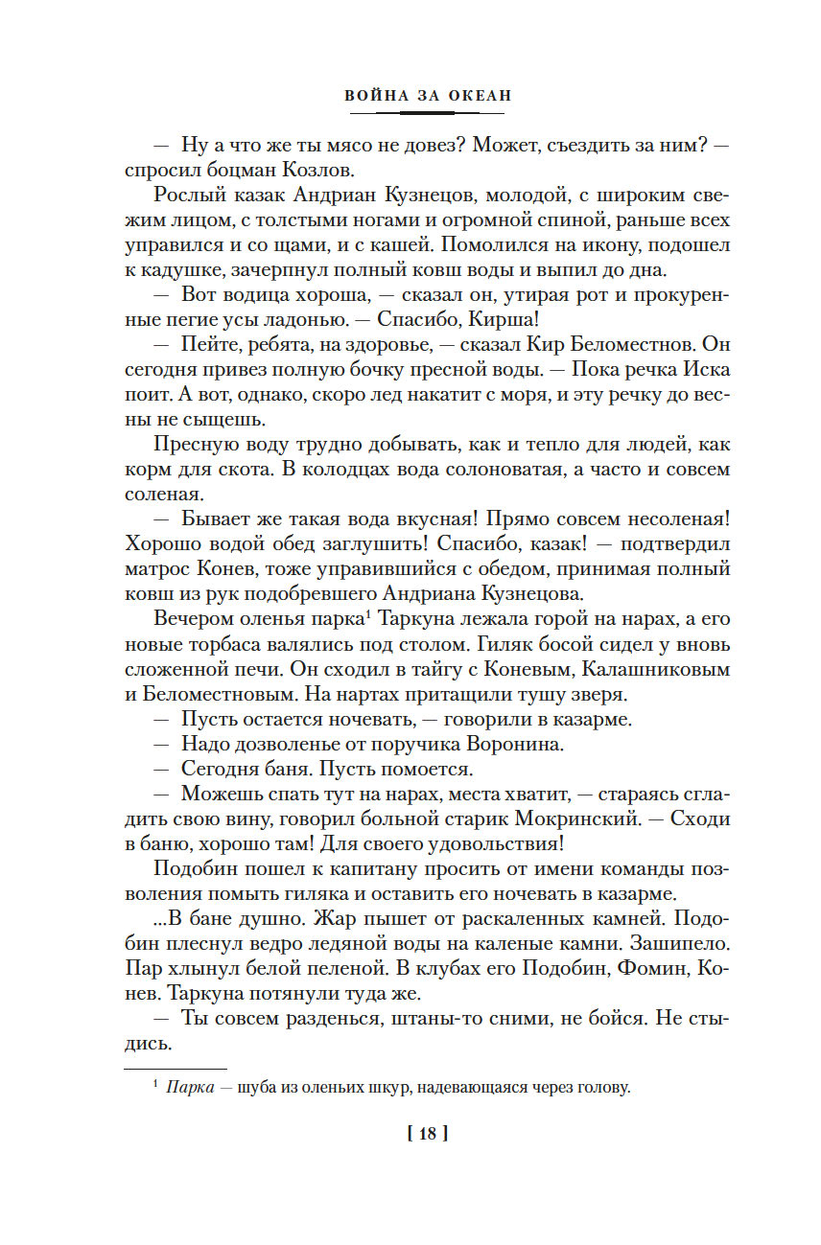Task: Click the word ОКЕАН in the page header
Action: (x=476, y=95)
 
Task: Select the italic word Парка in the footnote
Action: (x=188, y=1087)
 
